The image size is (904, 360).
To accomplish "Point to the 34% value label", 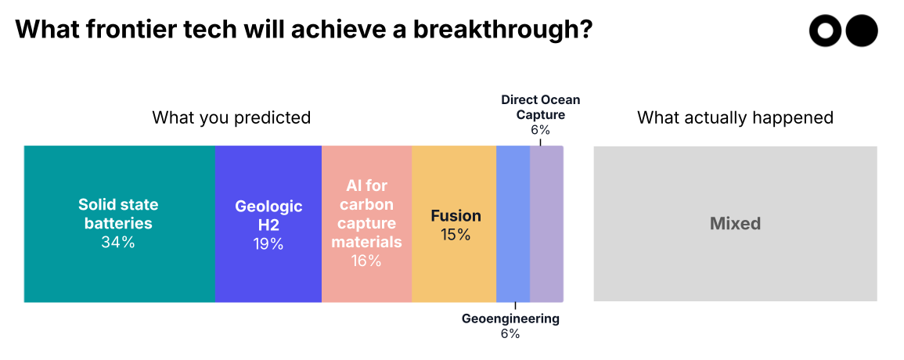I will coord(118,243).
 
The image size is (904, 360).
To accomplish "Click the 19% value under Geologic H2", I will coord(268,244).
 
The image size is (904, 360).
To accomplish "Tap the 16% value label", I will coord(366,261).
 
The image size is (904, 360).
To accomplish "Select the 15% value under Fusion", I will coord(456,235).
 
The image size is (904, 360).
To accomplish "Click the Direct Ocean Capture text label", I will coord(540,107).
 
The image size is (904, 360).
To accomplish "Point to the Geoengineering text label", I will coord(510,319).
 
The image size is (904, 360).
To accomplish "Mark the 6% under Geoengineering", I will coord(510,334).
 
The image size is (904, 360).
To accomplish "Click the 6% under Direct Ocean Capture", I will coord(540,130).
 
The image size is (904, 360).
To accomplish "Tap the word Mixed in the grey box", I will coord(735,224).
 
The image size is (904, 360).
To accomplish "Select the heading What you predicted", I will coord(231,118).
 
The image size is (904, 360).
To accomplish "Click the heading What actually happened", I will coord(735,118).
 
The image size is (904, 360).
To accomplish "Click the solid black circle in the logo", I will coord(862,31).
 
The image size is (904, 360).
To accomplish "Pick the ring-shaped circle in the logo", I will coord(826,31).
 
